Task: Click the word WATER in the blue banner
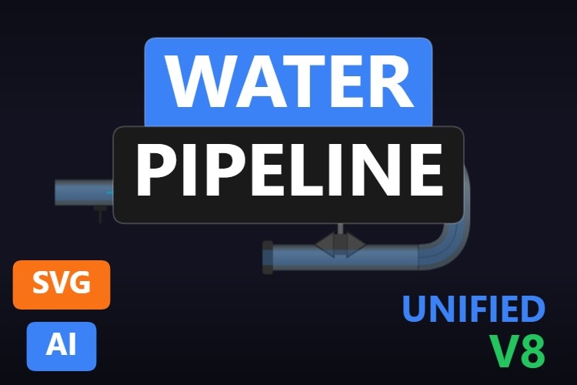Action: pos(288,81)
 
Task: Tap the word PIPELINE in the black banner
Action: pos(288,171)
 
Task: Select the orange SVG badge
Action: pos(62,284)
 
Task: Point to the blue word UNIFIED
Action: pos(474,310)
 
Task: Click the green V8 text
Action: pos(518,351)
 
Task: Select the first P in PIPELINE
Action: pos(152,171)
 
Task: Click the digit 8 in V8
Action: pos(532,351)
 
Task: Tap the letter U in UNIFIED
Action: pos(417,310)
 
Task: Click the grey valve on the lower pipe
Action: pos(340,245)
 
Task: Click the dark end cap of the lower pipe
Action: pos(268,256)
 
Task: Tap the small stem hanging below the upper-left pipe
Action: pos(99,213)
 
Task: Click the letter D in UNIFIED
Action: pos(532,310)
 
